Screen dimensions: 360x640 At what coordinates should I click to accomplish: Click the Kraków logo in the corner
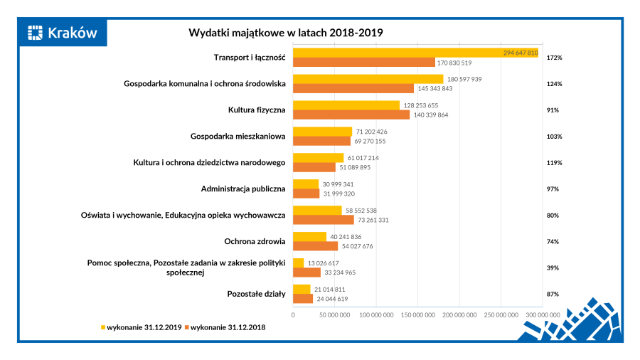[x=62, y=32]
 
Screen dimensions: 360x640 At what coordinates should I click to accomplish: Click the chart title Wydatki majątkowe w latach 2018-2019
[x=285, y=33]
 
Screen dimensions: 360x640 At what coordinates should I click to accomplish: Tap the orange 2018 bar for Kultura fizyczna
[x=351, y=115]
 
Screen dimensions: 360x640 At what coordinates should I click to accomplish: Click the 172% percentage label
[x=554, y=58]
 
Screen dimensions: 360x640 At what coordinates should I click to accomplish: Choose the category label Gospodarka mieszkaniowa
[x=238, y=137]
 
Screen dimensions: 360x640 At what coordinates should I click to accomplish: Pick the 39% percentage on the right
[x=553, y=268]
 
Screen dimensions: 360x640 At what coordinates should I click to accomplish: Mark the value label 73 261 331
[x=373, y=220]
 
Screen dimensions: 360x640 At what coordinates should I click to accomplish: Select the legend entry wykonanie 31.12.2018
[x=227, y=327]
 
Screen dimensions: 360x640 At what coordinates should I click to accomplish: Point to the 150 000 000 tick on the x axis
[x=419, y=314]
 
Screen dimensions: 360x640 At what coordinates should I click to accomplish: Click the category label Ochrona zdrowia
[x=255, y=242]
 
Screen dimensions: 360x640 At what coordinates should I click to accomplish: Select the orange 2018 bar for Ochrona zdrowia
[x=316, y=246]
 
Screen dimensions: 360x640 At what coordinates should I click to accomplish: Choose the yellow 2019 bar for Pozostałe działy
[x=302, y=289]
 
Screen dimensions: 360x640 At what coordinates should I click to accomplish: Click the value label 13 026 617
[x=324, y=263]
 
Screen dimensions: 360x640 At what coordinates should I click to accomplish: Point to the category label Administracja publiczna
[x=243, y=189]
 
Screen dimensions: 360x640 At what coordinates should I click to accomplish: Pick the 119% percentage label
[x=554, y=163]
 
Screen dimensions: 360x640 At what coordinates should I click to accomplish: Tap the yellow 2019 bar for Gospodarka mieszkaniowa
[x=323, y=131]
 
